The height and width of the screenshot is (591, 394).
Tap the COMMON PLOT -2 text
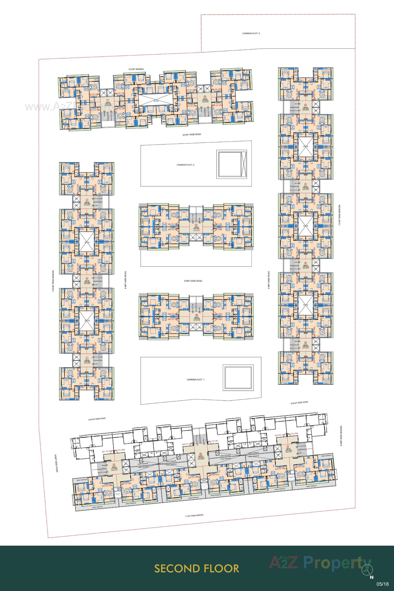pos(186,165)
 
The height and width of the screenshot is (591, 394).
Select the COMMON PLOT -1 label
pos(196,380)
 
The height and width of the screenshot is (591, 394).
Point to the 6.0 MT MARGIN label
pos(136,69)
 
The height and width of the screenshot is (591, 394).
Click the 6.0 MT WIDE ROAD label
pos(192,134)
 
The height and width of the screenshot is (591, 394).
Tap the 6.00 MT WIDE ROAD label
pos(299,403)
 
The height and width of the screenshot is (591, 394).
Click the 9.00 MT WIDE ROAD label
pos(97,419)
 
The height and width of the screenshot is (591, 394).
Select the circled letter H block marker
pos(205,96)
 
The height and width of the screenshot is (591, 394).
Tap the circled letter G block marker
pos(306,105)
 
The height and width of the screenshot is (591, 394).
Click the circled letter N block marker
pos(196,225)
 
